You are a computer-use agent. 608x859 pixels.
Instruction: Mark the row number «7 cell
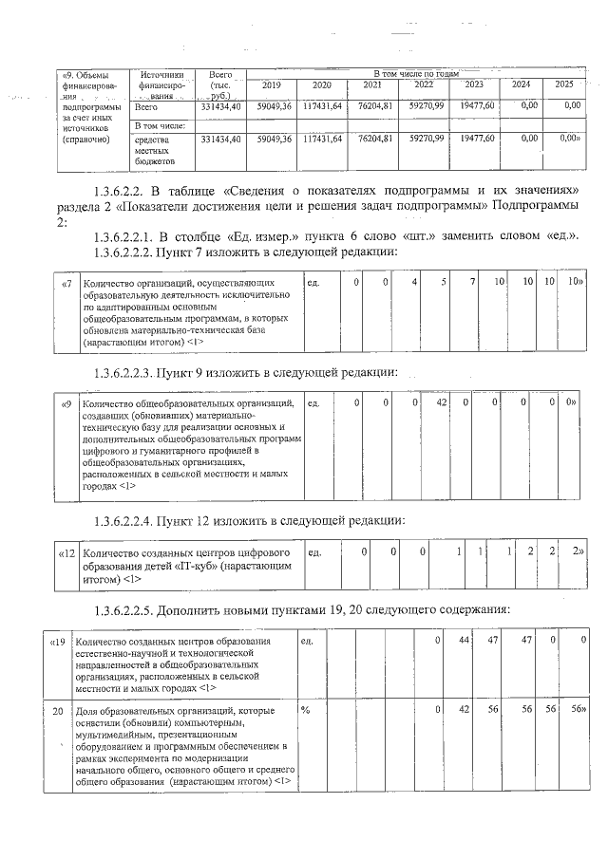tap(66, 282)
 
